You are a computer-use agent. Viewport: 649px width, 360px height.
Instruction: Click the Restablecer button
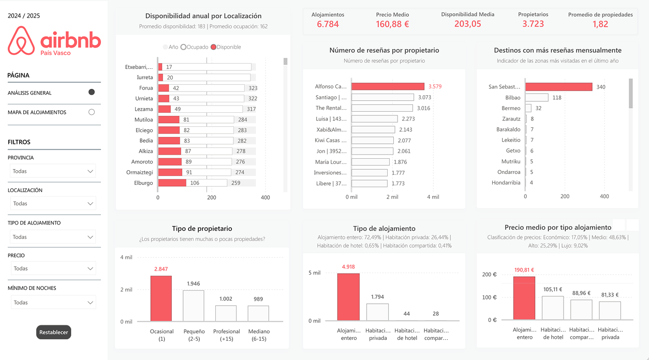(x=53, y=332)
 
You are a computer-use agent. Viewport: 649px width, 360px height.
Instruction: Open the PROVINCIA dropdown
(x=53, y=171)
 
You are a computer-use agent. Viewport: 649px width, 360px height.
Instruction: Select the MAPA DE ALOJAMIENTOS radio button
(x=92, y=112)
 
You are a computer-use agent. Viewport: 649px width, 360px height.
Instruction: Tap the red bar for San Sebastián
(x=558, y=87)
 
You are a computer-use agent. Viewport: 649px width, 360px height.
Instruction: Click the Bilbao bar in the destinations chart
(x=537, y=98)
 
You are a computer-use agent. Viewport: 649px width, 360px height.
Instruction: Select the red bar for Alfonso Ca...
(x=388, y=86)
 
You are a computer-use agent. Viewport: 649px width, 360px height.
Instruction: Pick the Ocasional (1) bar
(x=161, y=298)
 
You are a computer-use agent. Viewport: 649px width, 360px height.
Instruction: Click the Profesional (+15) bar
(x=226, y=313)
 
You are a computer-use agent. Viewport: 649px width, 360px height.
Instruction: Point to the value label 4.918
(x=348, y=267)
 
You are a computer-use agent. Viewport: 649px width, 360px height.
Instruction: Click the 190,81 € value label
(x=524, y=270)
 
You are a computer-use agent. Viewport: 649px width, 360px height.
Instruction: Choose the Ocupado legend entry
(x=195, y=47)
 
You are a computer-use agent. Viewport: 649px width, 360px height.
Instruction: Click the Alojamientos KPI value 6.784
(x=328, y=24)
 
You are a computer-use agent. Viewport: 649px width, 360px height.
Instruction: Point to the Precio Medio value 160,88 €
(x=392, y=24)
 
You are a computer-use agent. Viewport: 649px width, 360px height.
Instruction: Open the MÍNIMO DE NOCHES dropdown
(x=53, y=303)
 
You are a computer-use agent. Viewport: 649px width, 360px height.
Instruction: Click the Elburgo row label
(x=143, y=183)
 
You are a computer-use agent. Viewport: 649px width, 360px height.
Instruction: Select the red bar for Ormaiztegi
(x=170, y=172)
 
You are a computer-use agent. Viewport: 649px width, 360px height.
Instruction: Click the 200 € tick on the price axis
(x=490, y=275)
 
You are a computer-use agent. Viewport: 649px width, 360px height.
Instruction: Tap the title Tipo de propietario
(x=202, y=229)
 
